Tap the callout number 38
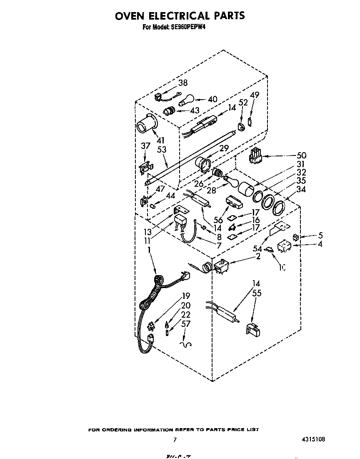pyautogui.click(x=182, y=83)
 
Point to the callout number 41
pyautogui.click(x=160, y=140)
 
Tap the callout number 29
pyautogui.click(x=224, y=148)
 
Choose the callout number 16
pyautogui.click(x=256, y=220)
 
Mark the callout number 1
pyautogui.click(x=149, y=249)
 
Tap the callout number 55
pyautogui.click(x=257, y=293)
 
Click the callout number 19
pyautogui.click(x=186, y=297)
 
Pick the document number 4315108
pyautogui.click(x=312, y=439)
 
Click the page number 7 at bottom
pyautogui.click(x=175, y=439)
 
